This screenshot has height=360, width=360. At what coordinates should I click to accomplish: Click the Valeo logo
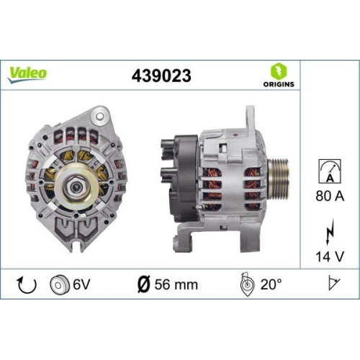(x=29, y=73)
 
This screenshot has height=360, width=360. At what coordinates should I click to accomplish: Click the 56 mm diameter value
(x=176, y=284)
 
